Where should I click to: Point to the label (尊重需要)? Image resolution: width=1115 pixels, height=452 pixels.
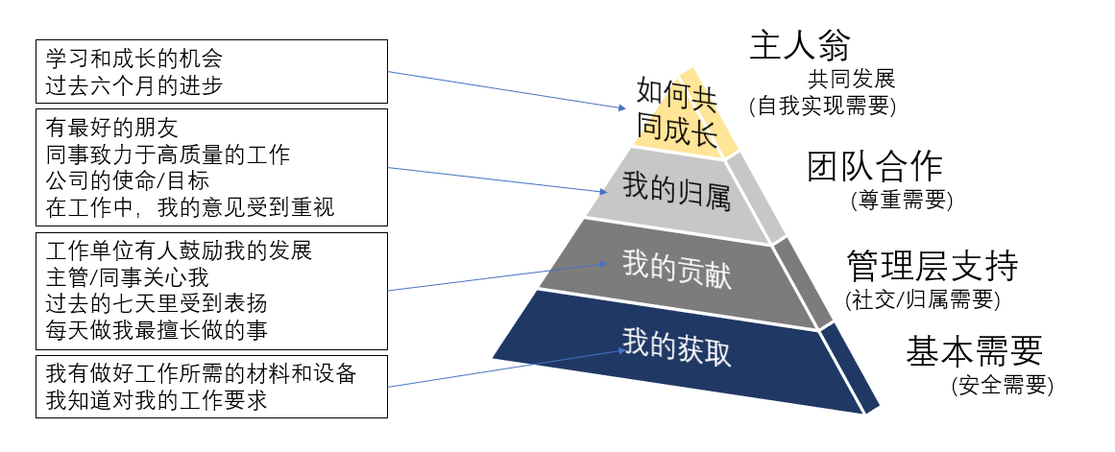click(900, 201)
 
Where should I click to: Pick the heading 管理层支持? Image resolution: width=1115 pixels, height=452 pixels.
click(932, 265)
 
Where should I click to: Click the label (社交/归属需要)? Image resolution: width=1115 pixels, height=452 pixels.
click(922, 298)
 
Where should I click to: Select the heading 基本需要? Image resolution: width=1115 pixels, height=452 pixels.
click(974, 352)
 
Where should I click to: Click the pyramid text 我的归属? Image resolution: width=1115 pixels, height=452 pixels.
click(676, 188)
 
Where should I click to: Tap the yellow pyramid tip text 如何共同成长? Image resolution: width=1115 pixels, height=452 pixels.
click(677, 113)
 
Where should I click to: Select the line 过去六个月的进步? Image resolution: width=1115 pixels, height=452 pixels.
click(134, 85)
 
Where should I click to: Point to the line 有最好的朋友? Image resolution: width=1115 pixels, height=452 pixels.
click(112, 127)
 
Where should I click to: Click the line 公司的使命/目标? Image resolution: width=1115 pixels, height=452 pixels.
click(135, 179)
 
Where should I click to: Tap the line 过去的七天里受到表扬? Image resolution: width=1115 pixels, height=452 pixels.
click(157, 304)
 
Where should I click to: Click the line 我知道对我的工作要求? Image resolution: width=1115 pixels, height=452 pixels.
click(157, 400)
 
